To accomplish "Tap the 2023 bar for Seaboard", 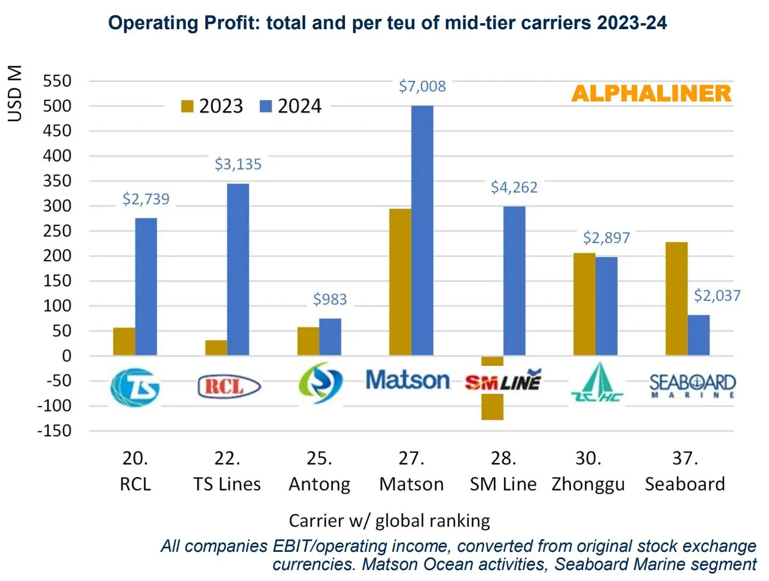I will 676,298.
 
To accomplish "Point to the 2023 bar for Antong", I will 308,341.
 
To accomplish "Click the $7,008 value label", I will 422,86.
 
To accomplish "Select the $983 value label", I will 330,299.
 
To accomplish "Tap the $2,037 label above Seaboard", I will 717,296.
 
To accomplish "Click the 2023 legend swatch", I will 187,106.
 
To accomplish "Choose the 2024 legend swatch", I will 265,106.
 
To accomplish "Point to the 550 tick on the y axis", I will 57,81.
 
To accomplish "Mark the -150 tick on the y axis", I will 54,430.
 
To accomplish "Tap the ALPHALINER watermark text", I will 651,94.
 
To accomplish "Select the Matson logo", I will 408,380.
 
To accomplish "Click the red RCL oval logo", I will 229,386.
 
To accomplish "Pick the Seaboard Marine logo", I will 692,385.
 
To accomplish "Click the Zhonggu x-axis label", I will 588,484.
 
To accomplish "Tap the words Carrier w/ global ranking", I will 389,521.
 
